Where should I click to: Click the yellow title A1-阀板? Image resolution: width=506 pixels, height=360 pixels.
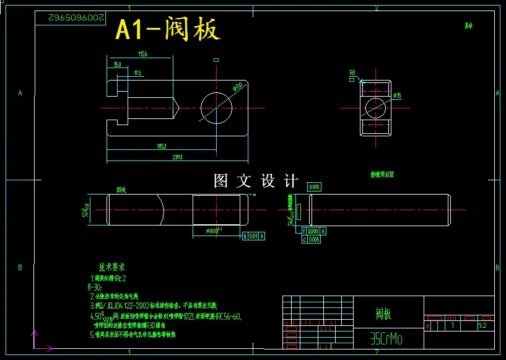168,29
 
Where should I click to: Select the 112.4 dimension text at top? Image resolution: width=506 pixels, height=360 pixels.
142,55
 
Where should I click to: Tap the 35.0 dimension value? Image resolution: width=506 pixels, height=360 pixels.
117,64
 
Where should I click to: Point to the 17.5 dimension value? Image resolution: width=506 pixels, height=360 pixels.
137,74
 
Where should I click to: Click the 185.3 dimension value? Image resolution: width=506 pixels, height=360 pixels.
161,146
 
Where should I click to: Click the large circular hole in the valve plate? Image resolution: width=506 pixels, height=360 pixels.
216,107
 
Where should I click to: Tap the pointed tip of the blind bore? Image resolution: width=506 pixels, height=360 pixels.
178,107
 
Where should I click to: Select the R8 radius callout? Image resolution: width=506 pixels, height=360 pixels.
352,72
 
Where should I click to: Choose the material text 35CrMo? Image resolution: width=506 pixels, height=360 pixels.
386,338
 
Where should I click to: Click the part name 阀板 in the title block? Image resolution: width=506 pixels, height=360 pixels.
383,314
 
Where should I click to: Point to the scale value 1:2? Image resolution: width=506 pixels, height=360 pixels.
482,325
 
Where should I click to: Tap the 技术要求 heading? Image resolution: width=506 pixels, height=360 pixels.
112,268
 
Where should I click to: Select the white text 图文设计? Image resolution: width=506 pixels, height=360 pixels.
255,181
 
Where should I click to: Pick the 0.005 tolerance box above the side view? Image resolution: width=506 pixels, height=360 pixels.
314,187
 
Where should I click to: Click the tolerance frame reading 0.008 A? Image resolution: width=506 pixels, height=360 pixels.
316,231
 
